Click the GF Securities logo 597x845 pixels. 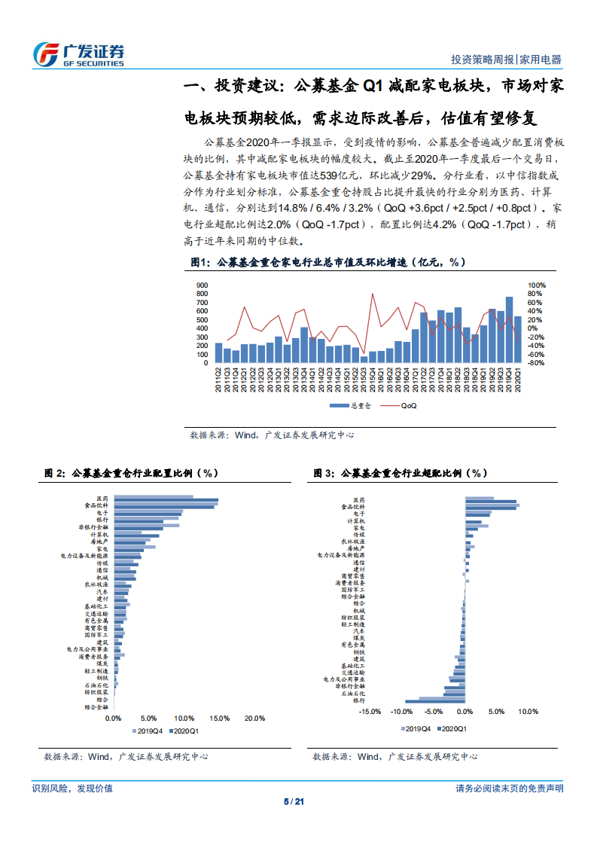coord(78,54)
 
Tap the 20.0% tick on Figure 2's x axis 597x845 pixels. coord(255,718)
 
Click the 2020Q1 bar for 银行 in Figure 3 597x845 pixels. coord(435,700)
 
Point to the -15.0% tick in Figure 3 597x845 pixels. coord(370,710)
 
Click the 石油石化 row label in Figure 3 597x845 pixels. coord(354,694)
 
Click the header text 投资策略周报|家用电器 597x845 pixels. coord(506,60)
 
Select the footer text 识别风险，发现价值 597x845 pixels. coord(72,788)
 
